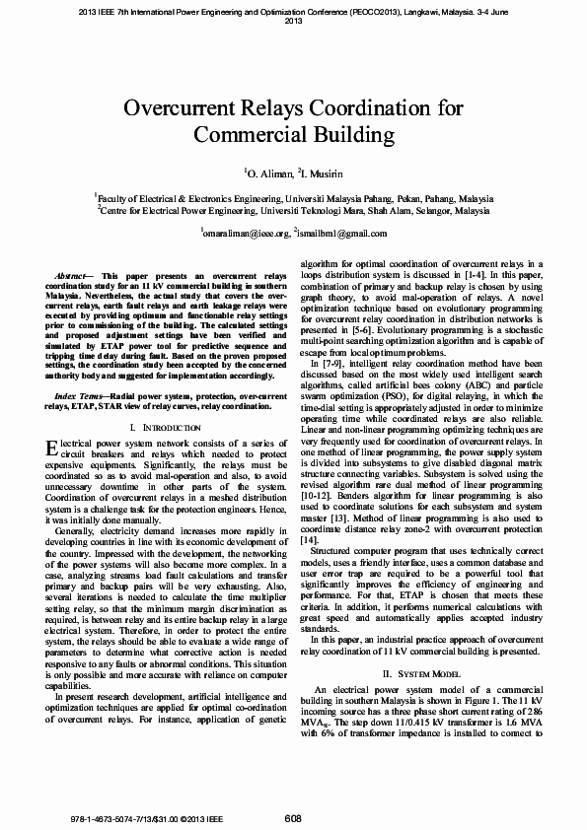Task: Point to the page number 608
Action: (293, 818)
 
